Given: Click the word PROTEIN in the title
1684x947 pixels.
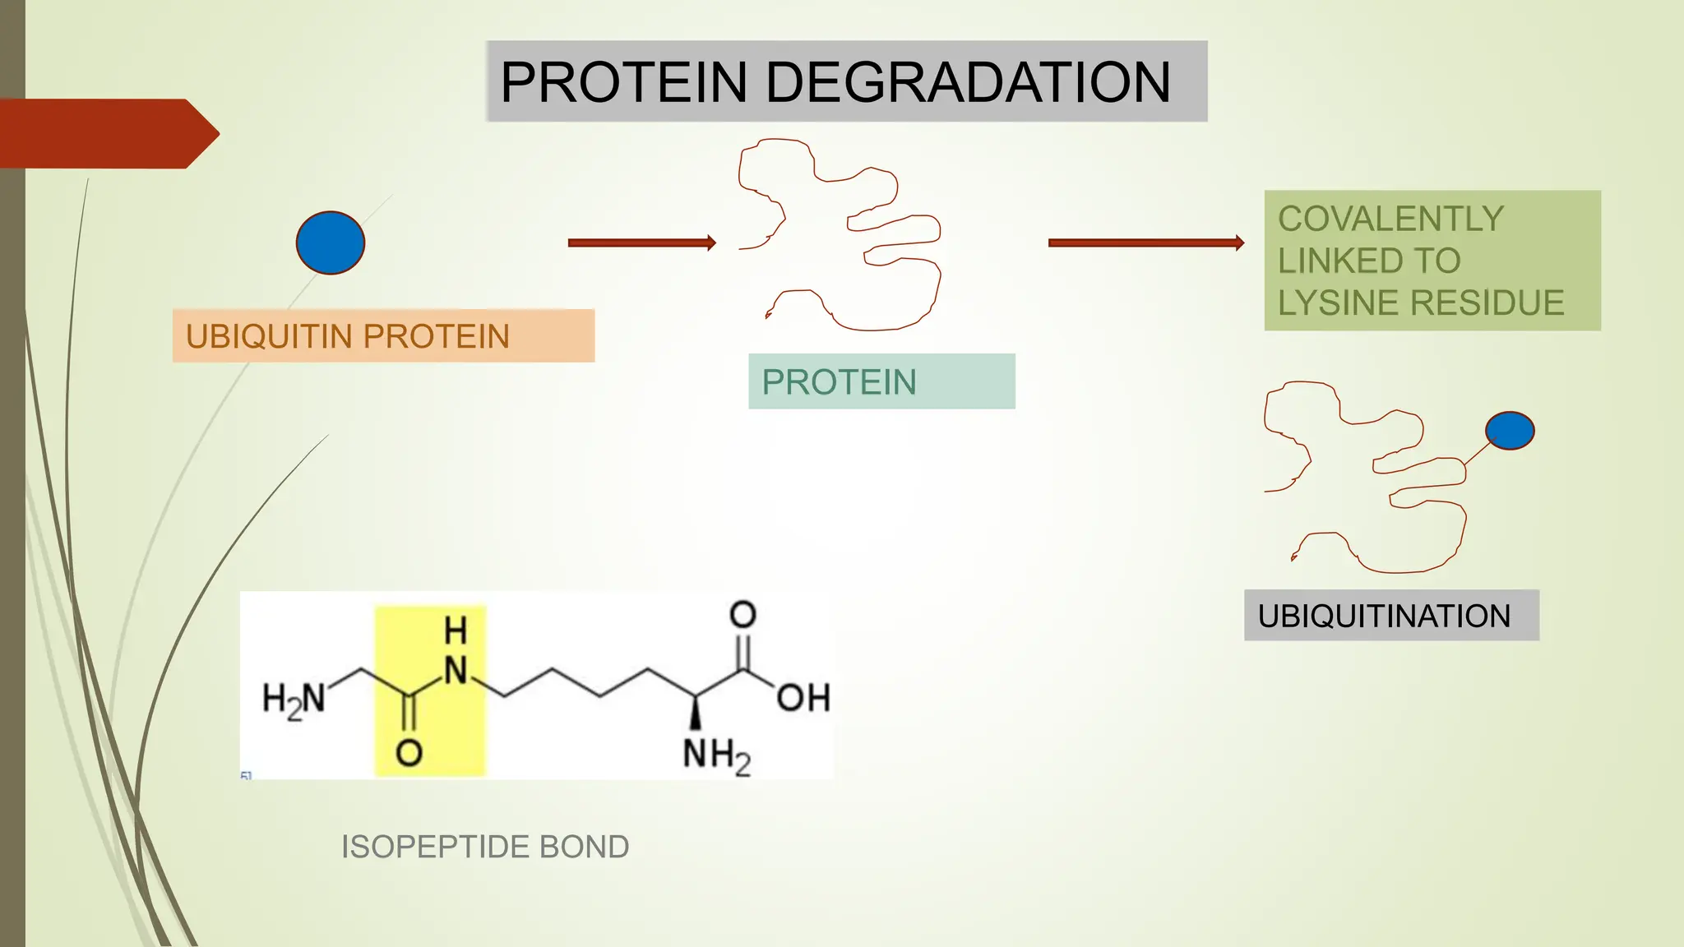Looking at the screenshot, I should pos(624,82).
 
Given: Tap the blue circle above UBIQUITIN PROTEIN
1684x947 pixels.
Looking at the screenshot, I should pos(331,243).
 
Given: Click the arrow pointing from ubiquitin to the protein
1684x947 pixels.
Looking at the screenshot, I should pos(641,243).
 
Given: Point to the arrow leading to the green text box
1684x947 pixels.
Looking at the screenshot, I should pos(1145,243).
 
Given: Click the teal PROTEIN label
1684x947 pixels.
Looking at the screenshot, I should pos(839,382).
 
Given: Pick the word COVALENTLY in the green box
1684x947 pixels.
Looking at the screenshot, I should pos(1390,219).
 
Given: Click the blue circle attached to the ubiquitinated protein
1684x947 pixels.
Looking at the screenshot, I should pos(1510,431).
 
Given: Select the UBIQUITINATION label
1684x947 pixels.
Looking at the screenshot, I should pos(1384,616).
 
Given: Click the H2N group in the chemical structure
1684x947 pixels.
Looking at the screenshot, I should pos(294,700).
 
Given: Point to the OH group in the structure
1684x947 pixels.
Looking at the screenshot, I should pos(803,698).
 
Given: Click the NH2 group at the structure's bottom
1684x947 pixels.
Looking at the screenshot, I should pos(716,755).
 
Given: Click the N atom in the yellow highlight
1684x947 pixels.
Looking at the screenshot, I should pos(456,671).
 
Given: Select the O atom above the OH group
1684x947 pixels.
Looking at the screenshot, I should pos(743,614).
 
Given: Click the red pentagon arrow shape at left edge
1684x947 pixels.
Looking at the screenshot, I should pos(107,134).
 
